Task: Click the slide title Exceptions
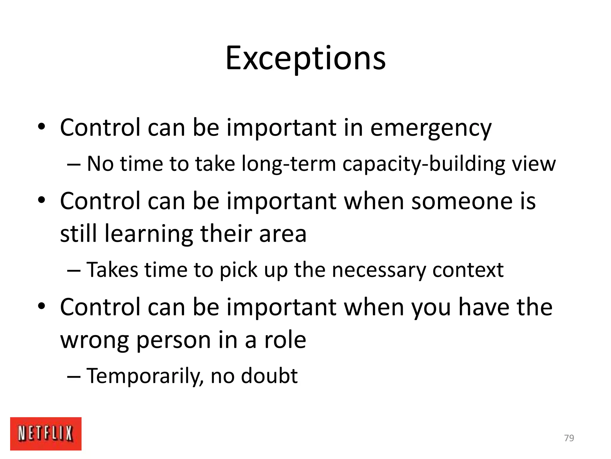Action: [305, 58]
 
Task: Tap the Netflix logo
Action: [46, 433]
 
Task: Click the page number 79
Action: [569, 438]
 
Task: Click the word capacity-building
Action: [424, 164]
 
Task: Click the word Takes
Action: [112, 270]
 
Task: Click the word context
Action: [468, 270]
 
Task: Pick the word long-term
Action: [288, 164]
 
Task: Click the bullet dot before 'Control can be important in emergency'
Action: [41, 127]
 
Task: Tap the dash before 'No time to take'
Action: [74, 164]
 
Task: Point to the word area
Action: [283, 234]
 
